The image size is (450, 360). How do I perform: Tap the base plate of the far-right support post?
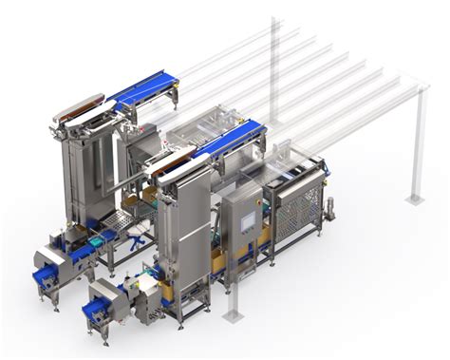pos(415,199)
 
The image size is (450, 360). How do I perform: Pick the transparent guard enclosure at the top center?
pos(204,119)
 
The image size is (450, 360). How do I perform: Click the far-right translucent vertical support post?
pos(415,142)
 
